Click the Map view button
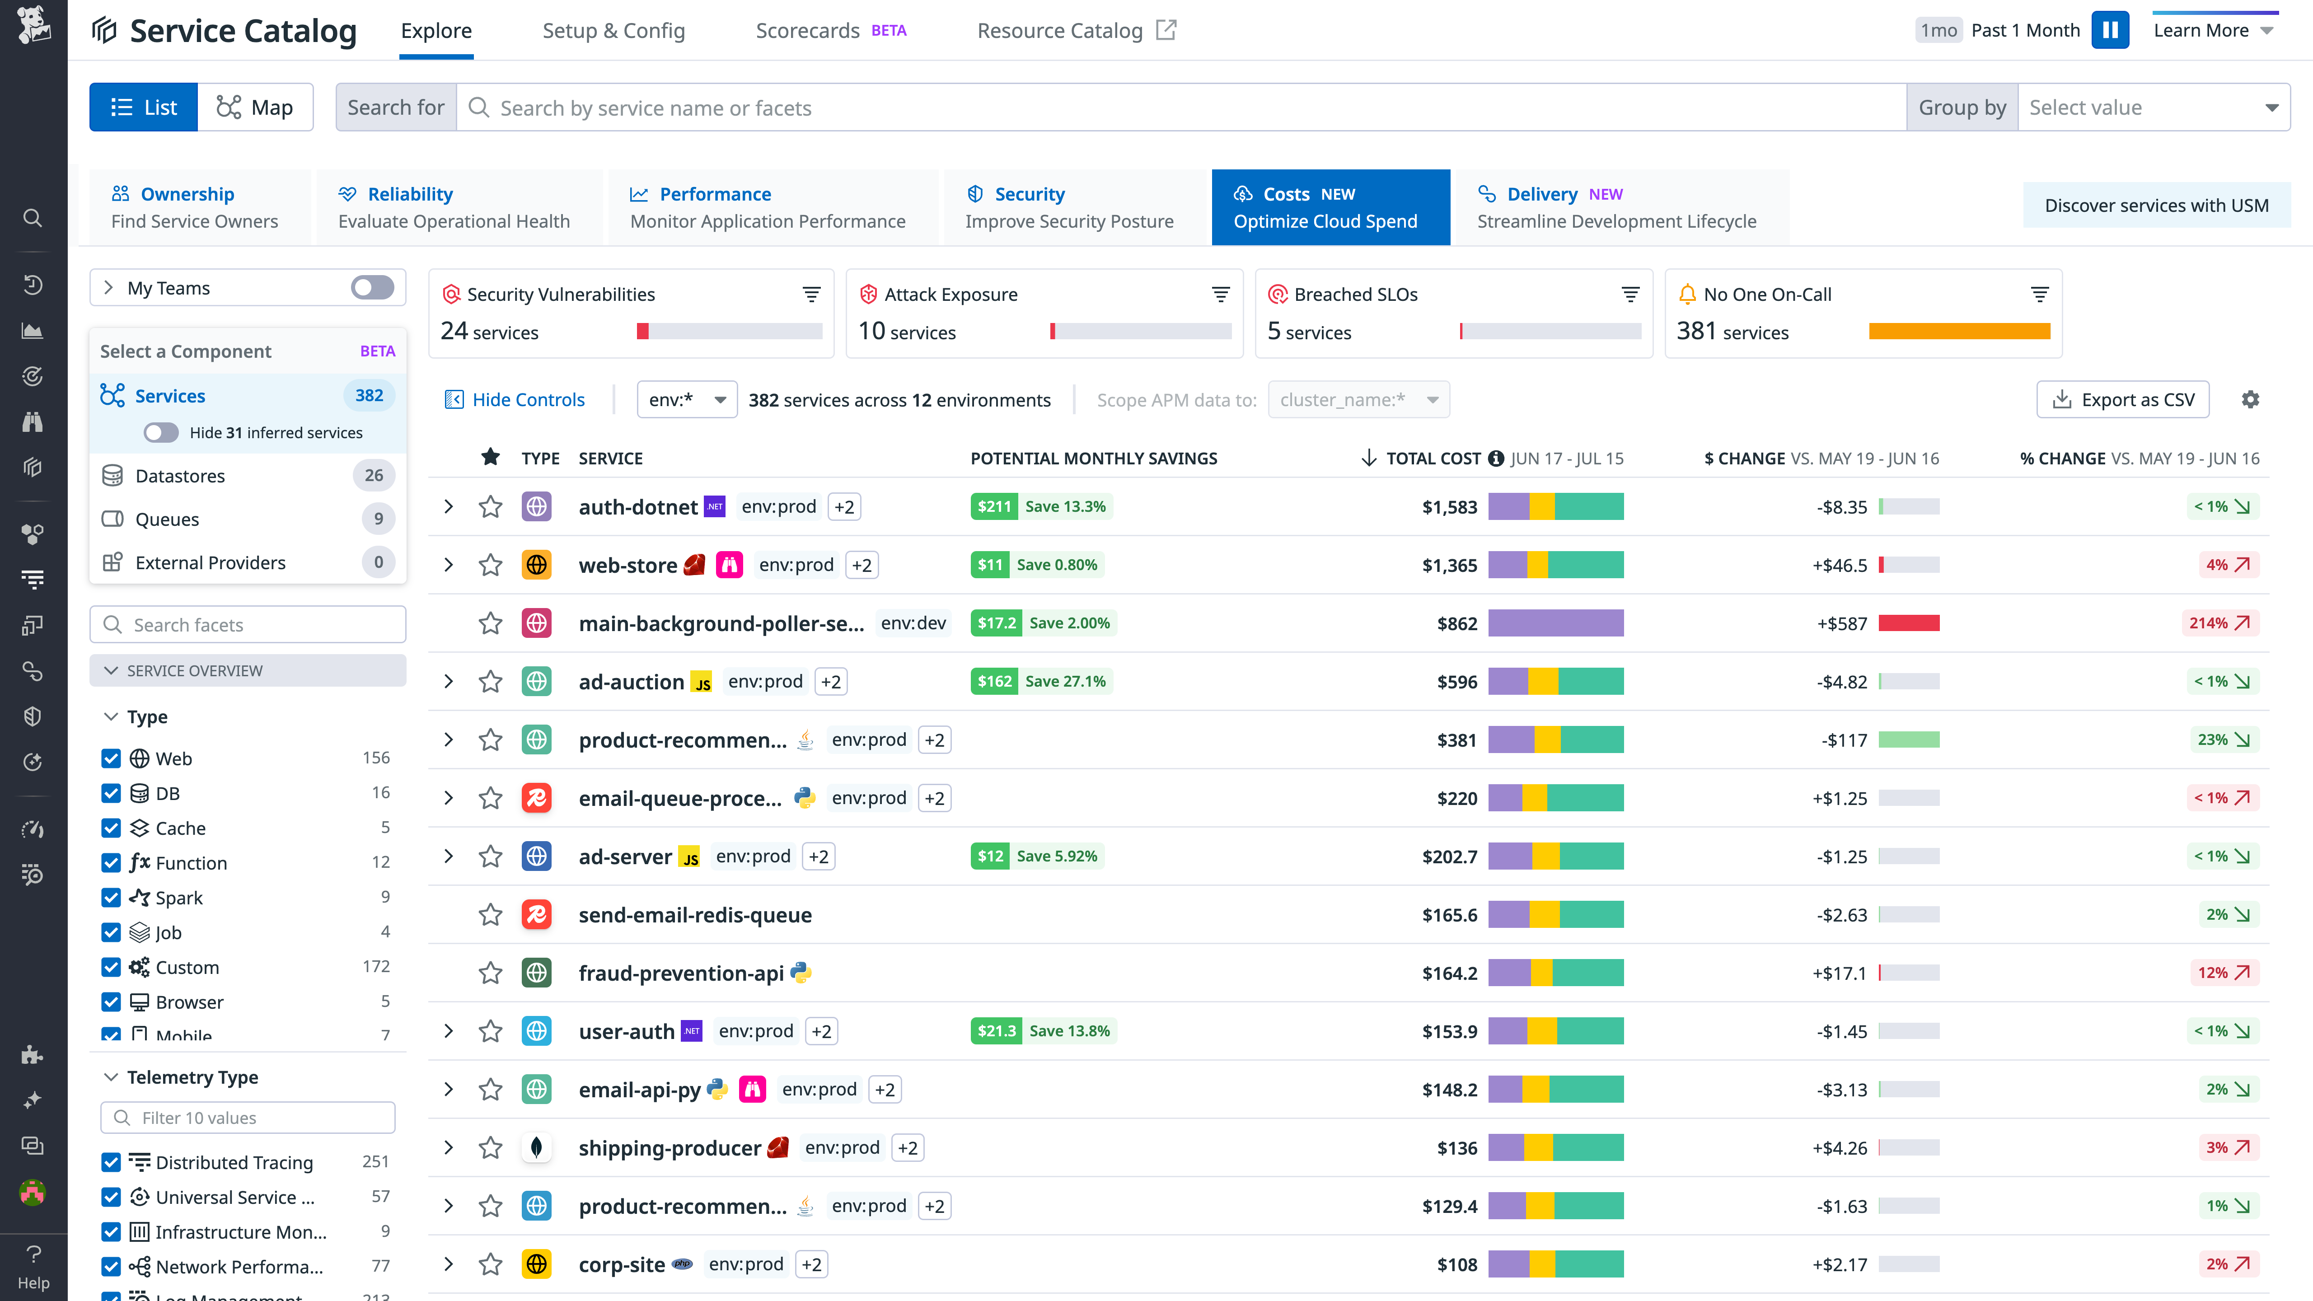255,108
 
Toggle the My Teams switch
372,287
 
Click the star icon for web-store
490,565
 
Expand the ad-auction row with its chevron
448,682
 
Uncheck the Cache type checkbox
111,828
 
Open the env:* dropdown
687,399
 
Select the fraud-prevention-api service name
681,973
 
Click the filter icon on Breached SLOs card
1629,295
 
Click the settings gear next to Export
2250,399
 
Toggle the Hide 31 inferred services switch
161,433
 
